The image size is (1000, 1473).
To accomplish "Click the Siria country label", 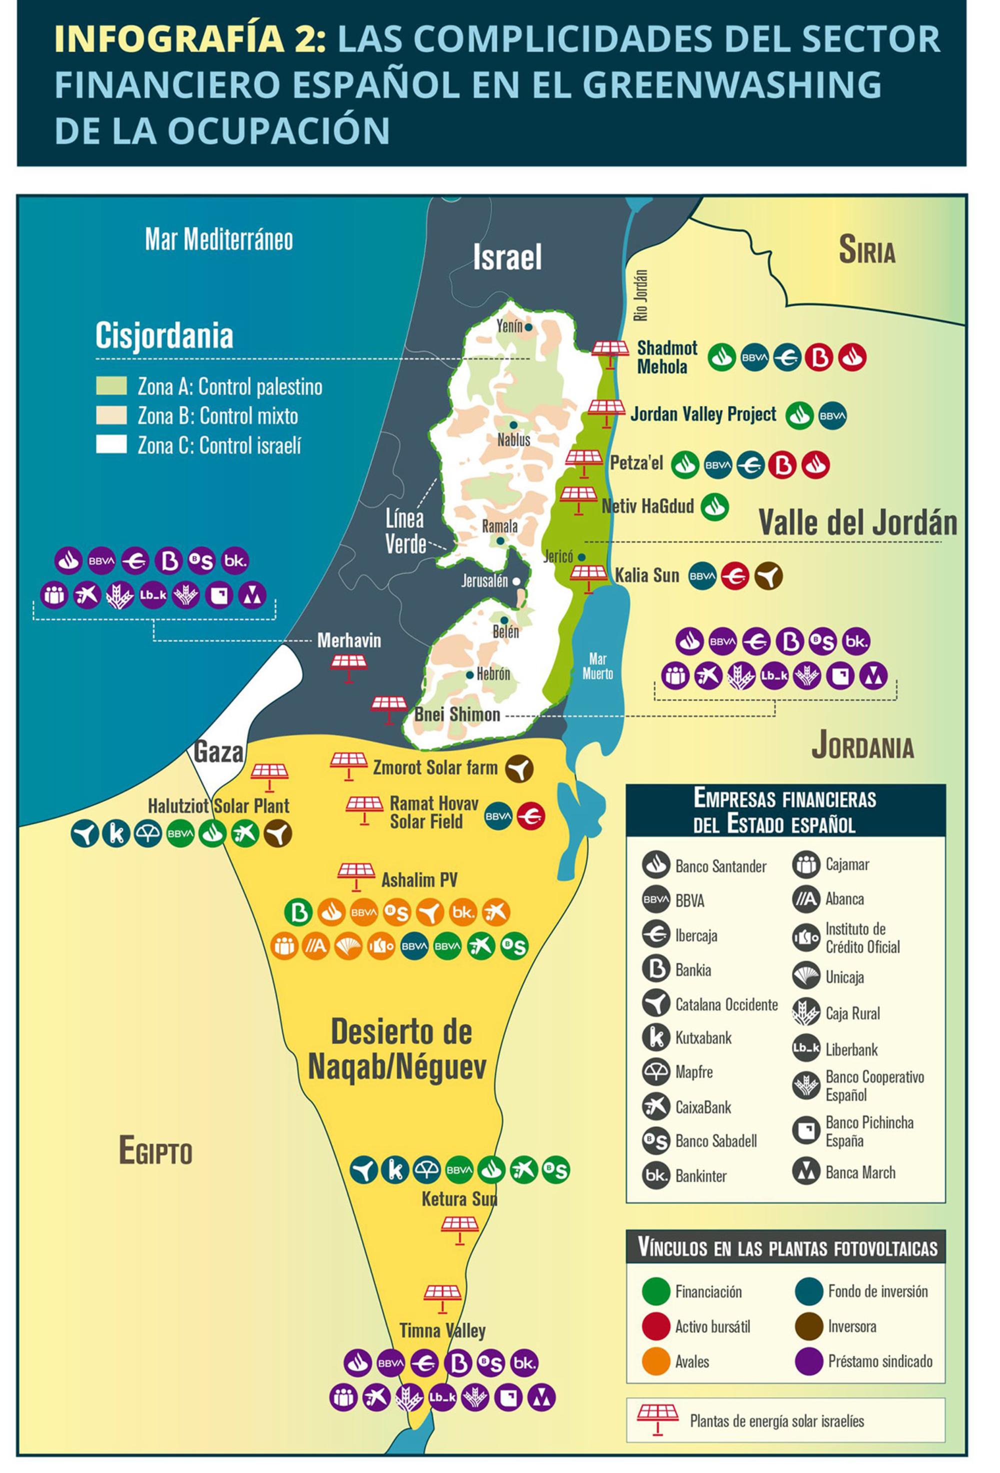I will tap(866, 249).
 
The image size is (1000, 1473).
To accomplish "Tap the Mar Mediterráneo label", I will tap(218, 239).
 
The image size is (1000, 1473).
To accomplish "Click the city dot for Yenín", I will tap(528, 327).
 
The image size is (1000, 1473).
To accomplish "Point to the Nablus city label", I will tap(513, 438).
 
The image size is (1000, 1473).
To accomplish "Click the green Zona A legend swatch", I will tap(111, 386).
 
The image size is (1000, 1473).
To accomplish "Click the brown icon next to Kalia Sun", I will tap(768, 576).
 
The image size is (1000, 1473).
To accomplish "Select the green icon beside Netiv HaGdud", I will tap(715, 506).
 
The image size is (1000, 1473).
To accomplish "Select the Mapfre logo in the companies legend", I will tap(656, 1072).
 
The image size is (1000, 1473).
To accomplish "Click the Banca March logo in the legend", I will tap(806, 1172).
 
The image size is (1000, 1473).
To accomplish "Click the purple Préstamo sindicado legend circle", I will tap(808, 1361).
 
